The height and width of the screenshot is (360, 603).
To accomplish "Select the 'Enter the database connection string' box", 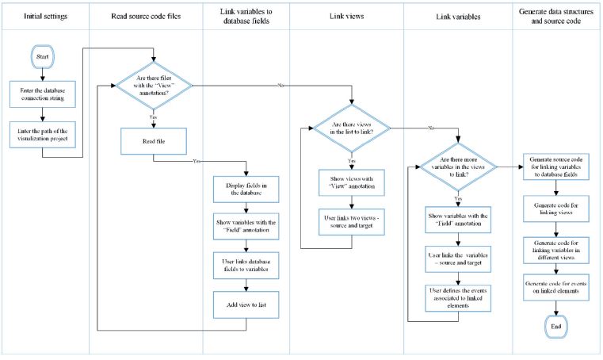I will [44, 95].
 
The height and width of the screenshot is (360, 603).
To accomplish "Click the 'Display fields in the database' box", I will [246, 190].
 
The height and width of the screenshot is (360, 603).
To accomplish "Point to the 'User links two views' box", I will [350, 222].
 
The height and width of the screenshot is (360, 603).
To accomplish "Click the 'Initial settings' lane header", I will [44, 15].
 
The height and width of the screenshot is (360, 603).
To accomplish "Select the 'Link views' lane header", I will [350, 15].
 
